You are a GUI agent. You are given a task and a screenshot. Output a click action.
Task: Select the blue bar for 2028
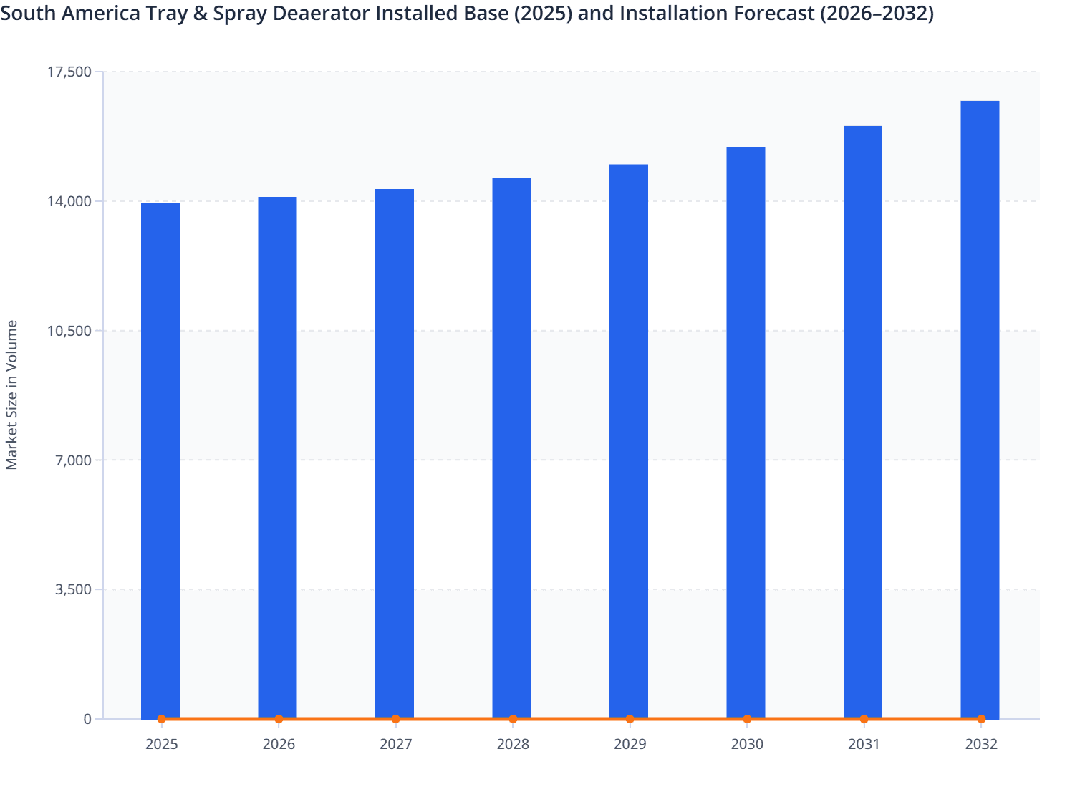511,448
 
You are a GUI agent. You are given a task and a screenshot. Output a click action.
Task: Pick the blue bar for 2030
746,432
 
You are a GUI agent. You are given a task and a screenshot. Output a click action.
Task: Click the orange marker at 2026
279,719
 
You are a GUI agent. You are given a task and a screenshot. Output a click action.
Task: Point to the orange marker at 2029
630,719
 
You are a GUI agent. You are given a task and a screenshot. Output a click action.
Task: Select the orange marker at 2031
864,719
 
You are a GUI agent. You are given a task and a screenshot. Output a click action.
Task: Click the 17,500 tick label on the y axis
69,72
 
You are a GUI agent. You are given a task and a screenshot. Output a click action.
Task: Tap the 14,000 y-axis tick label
69,201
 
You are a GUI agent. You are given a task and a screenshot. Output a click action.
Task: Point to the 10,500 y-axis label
69,331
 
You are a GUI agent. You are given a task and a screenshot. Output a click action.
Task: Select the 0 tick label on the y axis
87,719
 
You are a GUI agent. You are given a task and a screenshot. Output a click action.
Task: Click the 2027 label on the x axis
395,744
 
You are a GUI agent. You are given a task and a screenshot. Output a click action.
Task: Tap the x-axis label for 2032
980,744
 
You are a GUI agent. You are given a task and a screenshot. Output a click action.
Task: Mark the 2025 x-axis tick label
161,744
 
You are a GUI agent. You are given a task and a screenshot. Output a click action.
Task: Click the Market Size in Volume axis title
11,395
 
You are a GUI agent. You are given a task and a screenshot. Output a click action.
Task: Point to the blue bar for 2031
863,422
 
